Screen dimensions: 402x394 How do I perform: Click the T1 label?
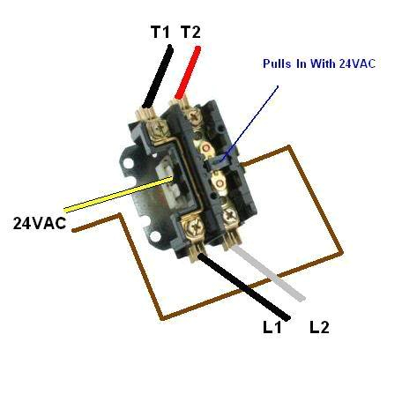160,32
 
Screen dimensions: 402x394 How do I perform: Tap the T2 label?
191,32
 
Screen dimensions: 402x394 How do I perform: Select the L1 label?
272,327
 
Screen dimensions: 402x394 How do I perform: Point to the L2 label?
319,327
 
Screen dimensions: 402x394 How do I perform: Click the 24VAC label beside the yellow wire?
40,223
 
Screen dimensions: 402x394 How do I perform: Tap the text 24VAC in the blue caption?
357,63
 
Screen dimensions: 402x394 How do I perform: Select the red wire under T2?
188,72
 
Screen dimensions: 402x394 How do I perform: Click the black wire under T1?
158,76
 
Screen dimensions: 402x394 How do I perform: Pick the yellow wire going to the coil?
118,194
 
